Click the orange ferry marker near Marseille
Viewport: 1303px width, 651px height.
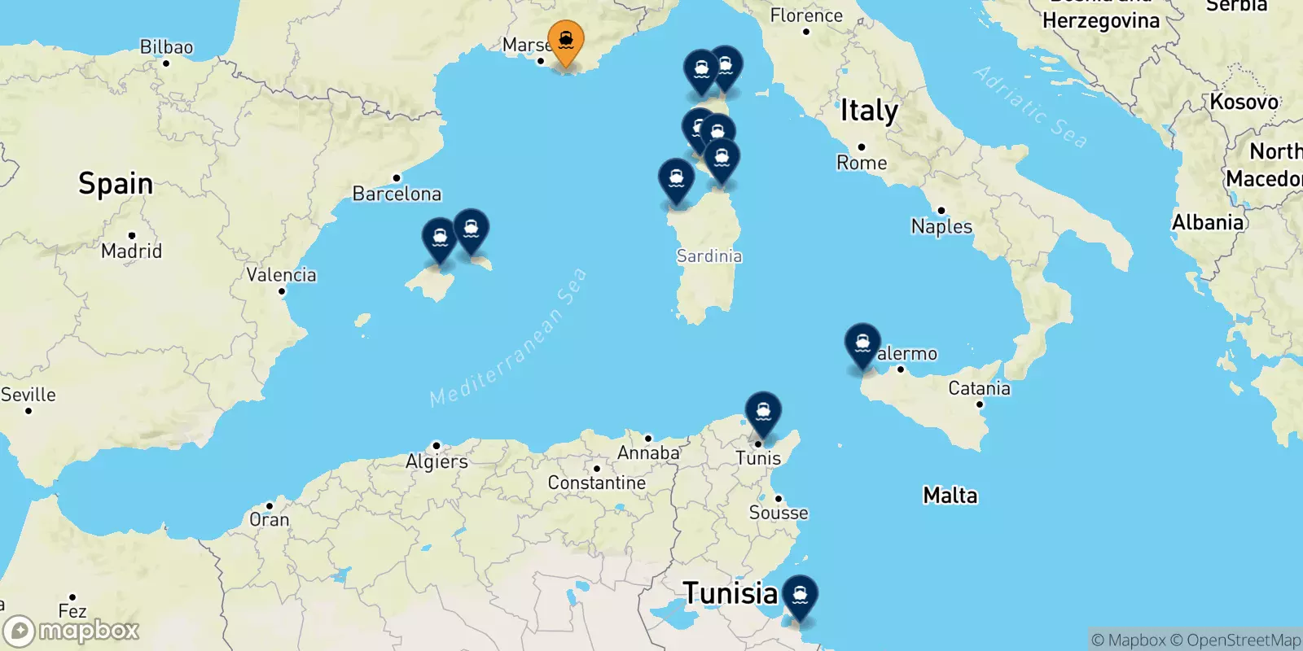point(565,41)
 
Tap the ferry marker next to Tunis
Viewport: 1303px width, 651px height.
point(763,412)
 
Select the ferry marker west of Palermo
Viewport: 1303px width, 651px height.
point(862,343)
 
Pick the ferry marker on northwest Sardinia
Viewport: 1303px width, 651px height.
point(676,179)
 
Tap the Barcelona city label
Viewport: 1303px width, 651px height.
point(397,194)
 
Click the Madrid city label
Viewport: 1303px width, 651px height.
point(131,251)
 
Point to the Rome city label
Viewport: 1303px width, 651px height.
point(862,163)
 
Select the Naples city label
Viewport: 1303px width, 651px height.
point(941,226)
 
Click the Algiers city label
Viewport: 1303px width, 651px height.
point(437,461)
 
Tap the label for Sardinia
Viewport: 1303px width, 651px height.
point(709,256)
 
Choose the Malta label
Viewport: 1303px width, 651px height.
point(950,495)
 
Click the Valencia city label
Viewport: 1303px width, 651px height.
point(281,275)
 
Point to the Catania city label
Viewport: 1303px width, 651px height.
point(979,388)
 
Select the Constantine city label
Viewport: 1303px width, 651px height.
point(596,483)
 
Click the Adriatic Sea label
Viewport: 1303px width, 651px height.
point(1030,107)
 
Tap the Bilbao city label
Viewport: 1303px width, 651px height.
point(166,47)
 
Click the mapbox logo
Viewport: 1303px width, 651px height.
point(72,631)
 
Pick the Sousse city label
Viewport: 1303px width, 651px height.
point(779,513)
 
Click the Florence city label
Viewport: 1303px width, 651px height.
point(806,15)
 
